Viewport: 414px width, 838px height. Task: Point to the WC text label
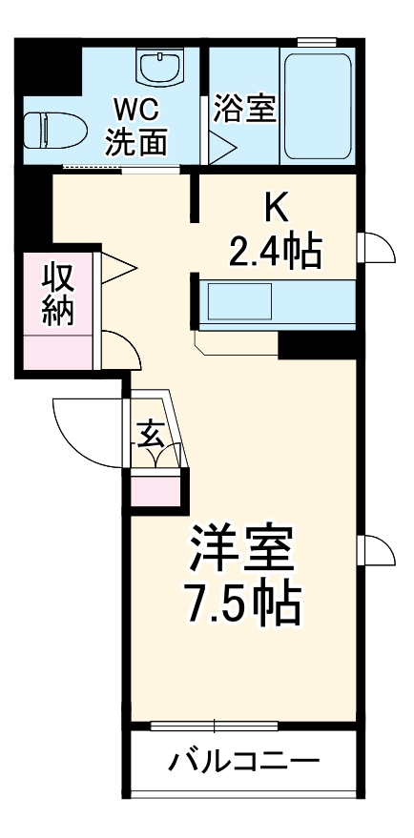tap(137, 108)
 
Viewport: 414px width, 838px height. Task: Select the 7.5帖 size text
tap(242, 603)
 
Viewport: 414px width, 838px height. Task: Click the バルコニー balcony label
tap(244, 763)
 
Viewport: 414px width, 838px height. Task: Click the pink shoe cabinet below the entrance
tap(155, 487)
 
